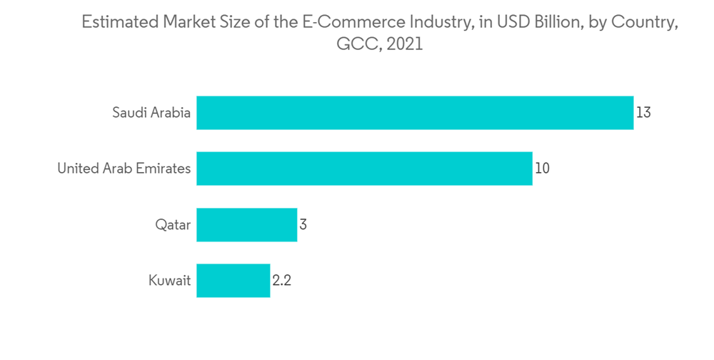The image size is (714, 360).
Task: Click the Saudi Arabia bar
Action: [x=415, y=113]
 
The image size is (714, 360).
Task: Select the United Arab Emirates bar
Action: [x=364, y=169]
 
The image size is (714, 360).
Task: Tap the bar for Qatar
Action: [x=246, y=224]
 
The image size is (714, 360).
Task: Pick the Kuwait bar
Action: [x=233, y=280]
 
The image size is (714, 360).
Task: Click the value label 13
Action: [x=643, y=113]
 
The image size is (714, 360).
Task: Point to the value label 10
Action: [x=542, y=169]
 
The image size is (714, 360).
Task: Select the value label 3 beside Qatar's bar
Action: [x=303, y=224]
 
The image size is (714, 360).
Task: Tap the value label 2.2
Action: [x=281, y=281]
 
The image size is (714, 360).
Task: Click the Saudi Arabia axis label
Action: [x=151, y=113]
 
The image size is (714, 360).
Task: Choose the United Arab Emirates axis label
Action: [x=124, y=169]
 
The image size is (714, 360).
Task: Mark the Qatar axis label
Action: [x=174, y=225]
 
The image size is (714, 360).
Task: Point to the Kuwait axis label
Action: [x=169, y=281]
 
